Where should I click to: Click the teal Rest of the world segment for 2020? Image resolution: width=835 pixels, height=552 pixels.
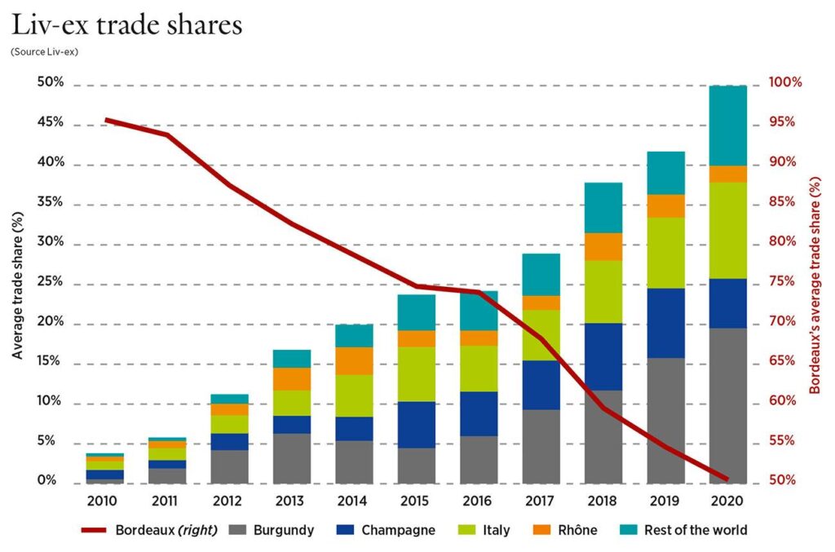[x=727, y=126]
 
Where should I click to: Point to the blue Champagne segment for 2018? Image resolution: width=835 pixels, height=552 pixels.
[x=603, y=356]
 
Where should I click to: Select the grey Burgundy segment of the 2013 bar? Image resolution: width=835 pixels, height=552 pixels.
[x=291, y=458]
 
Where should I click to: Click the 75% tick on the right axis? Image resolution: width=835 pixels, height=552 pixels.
[x=787, y=282]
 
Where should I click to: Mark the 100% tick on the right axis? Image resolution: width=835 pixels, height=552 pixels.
[x=787, y=83]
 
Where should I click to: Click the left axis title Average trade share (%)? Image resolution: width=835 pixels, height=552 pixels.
[x=17, y=283]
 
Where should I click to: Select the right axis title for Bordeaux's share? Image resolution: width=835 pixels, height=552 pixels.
[x=816, y=283]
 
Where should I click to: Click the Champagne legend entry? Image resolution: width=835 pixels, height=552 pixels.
[x=388, y=530]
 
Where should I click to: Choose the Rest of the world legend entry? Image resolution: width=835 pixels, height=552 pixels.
[x=685, y=530]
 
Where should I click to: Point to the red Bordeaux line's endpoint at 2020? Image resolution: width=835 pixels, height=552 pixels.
[x=727, y=479]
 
